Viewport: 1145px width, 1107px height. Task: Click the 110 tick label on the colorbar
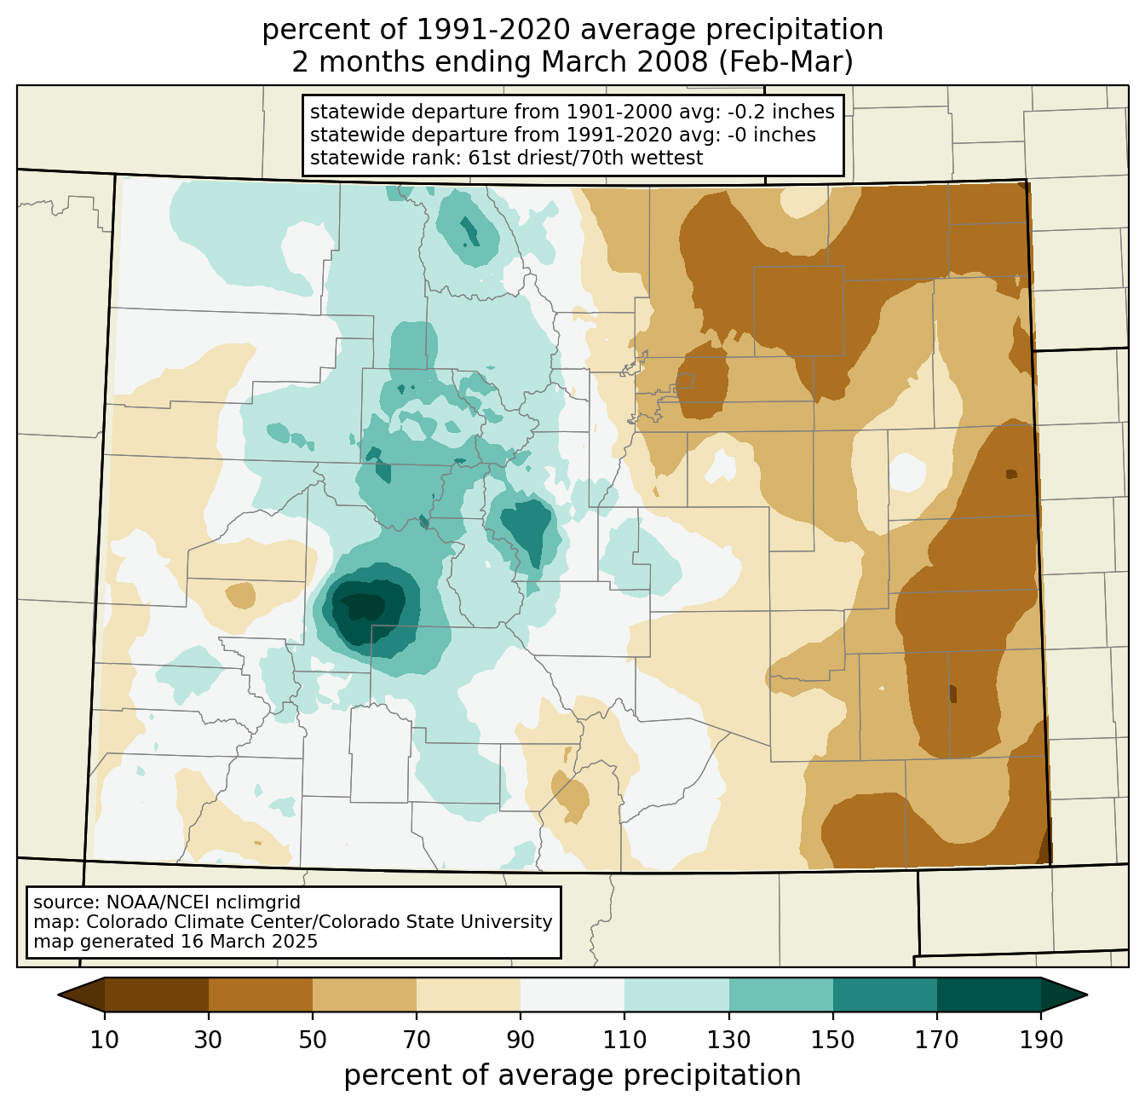[x=624, y=1040]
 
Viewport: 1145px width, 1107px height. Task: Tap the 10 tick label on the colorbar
[x=104, y=1040]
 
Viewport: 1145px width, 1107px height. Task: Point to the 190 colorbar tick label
[x=1041, y=1040]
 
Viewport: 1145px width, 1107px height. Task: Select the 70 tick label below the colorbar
[x=417, y=1040]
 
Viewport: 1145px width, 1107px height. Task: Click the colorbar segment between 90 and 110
[x=572, y=995]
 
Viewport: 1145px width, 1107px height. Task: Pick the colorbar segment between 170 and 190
[x=988, y=995]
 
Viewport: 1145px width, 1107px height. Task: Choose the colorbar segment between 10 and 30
[x=157, y=995]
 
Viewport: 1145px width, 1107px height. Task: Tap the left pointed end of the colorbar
[x=59, y=995]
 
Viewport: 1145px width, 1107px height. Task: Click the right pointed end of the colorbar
[x=1086, y=995]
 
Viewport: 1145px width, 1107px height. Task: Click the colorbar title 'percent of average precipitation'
[x=572, y=1075]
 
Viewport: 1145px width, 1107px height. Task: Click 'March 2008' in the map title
[x=624, y=62]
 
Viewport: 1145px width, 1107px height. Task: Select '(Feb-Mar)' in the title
[x=785, y=62]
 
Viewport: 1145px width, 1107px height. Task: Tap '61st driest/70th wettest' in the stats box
[x=585, y=158]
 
